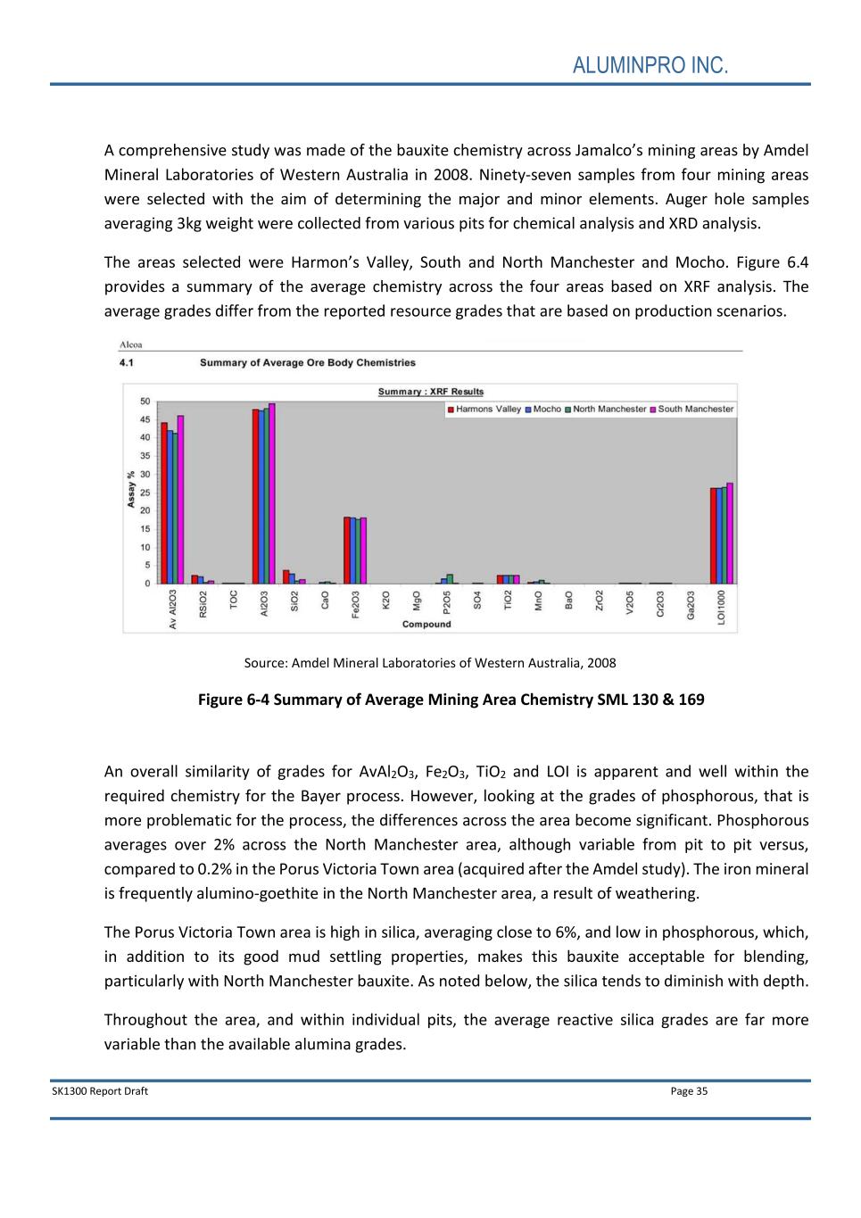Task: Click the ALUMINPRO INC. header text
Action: (650, 65)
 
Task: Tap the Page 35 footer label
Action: (689, 1090)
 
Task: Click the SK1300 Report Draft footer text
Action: (100, 1090)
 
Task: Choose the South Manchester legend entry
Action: (695, 410)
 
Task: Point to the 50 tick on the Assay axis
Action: (145, 401)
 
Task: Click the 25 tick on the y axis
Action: (145, 493)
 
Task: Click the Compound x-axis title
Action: (426, 624)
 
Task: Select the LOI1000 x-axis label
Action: (721, 607)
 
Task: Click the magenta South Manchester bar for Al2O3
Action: (272, 493)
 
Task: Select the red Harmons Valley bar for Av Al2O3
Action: (164, 503)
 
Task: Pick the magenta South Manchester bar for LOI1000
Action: (730, 534)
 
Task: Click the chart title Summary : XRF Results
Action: (430, 392)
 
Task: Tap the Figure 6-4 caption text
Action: (451, 700)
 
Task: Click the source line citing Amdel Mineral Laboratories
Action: (429, 663)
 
